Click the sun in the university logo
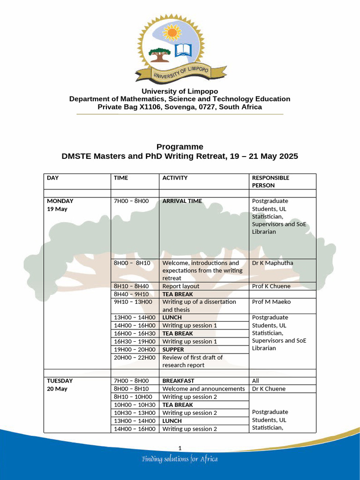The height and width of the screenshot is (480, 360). (x=172, y=32)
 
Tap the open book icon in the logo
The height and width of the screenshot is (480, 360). (x=183, y=50)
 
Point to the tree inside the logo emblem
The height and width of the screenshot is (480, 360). (x=159, y=54)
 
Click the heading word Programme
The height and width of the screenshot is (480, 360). (x=180, y=147)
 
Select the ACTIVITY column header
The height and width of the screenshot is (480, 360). (x=175, y=178)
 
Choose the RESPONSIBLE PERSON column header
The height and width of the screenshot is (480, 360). (x=270, y=181)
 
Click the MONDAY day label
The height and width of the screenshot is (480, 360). (x=60, y=201)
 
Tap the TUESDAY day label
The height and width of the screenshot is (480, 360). (x=60, y=381)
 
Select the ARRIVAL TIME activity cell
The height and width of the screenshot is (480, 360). (x=182, y=201)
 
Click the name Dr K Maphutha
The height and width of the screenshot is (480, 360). (x=272, y=263)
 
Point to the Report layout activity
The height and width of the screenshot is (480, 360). (x=180, y=286)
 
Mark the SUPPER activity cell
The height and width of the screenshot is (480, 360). (x=173, y=349)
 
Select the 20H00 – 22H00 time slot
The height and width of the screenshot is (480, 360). (x=135, y=357)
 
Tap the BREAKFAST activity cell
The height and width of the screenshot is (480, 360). (x=178, y=381)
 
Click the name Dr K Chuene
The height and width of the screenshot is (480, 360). (x=269, y=389)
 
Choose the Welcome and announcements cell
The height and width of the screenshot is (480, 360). (x=203, y=389)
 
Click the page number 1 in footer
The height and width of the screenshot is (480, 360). (x=180, y=448)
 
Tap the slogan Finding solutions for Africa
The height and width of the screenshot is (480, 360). (x=180, y=459)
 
